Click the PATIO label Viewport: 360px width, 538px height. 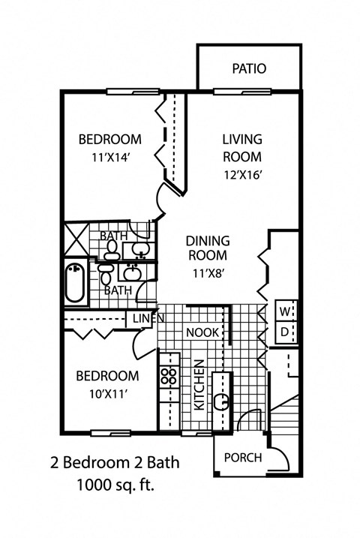click(248, 69)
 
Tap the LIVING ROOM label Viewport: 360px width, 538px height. click(241, 148)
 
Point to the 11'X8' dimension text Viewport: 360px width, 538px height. click(206, 274)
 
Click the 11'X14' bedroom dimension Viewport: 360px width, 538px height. click(110, 158)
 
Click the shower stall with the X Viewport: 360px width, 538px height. click(75, 237)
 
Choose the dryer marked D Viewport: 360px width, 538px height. click(286, 331)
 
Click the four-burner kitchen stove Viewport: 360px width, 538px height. click(167, 376)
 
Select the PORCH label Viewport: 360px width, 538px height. click(243, 458)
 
